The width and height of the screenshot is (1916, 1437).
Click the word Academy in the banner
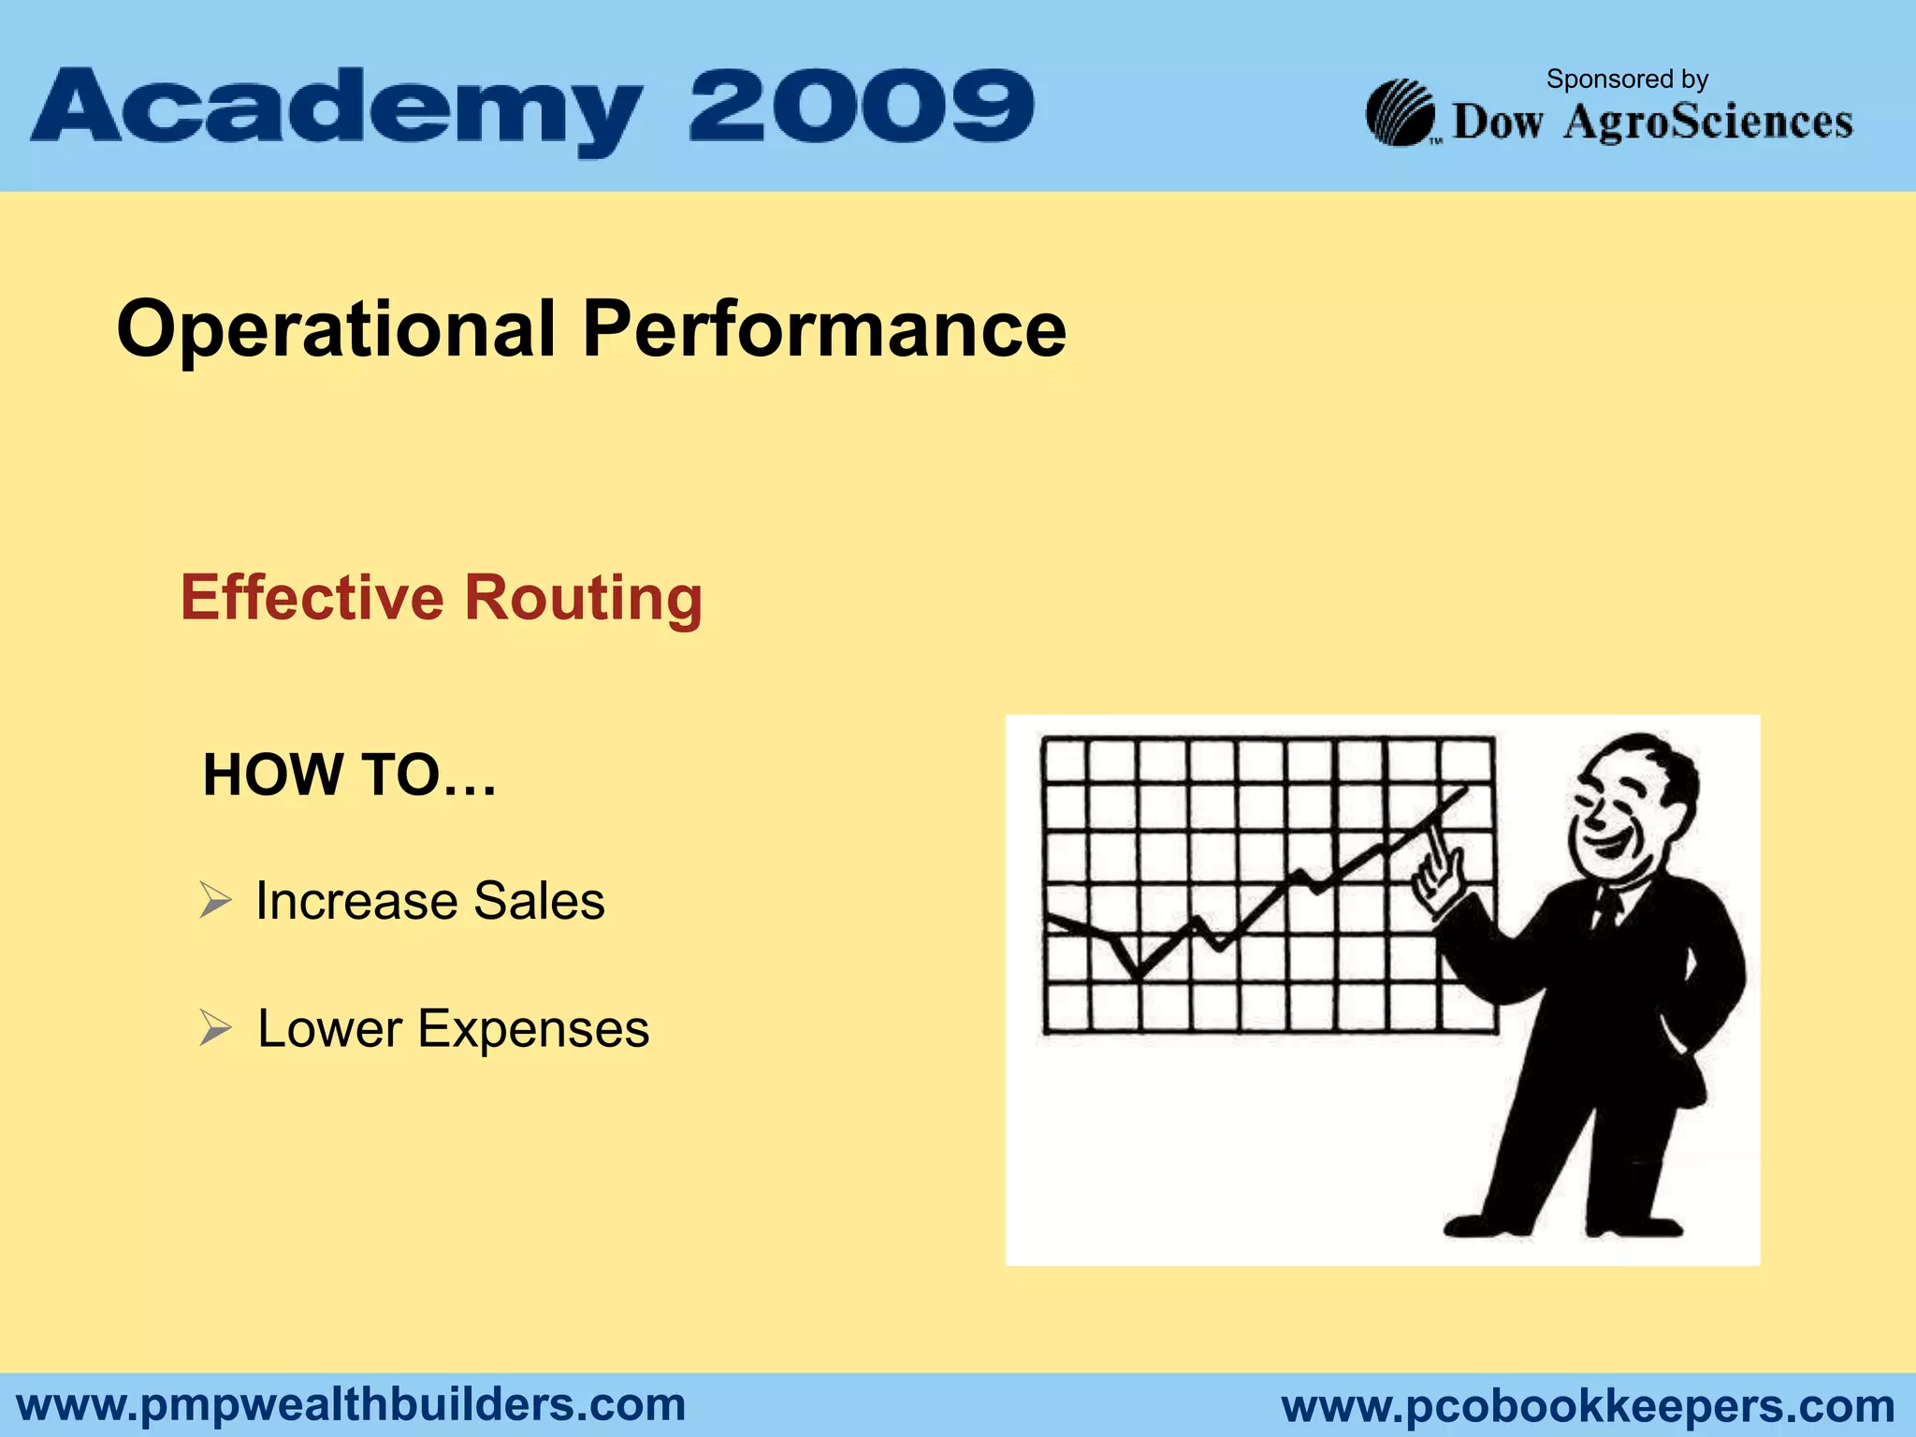337,110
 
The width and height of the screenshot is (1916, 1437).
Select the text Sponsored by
1627,80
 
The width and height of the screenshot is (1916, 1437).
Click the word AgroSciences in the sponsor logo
1708,123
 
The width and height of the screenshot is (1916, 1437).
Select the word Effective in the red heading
312,598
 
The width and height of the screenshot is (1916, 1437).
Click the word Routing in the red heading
583,600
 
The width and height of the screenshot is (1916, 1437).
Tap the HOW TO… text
349,776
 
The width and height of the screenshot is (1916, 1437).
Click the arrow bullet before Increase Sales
215,901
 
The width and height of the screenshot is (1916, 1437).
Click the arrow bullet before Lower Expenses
215,1029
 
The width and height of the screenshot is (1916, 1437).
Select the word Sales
539,901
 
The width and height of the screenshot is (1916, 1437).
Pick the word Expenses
532,1029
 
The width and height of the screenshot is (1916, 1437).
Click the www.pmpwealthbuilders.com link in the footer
352,1405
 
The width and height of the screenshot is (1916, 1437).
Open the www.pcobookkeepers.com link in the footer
1588,1406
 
